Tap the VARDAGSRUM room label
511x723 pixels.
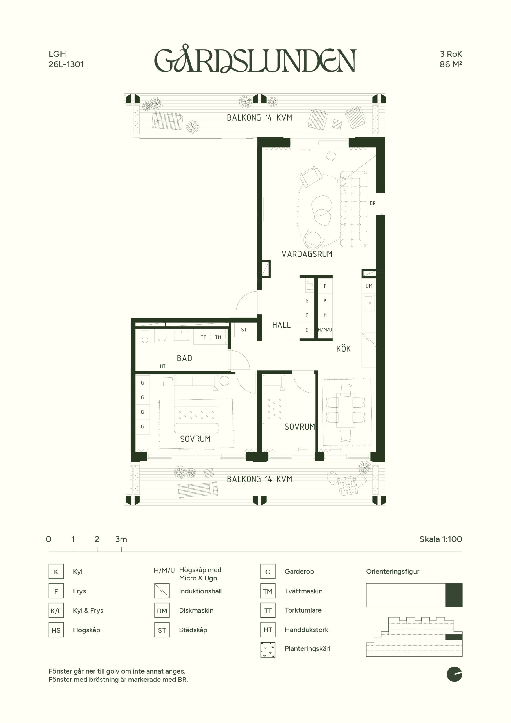coord(307,254)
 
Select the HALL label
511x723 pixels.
coord(281,325)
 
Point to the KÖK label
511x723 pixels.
coord(343,349)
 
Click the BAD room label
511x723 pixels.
coord(185,358)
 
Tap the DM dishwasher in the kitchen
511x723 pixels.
coord(369,286)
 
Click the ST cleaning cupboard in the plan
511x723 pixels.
coord(244,330)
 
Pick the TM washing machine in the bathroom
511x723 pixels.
coord(218,337)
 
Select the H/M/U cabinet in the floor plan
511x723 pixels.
coord(325,330)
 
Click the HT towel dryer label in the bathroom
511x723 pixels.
coord(162,366)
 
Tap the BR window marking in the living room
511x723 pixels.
coord(372,203)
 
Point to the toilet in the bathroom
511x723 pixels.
coord(161,336)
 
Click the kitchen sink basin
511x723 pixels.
coord(369,303)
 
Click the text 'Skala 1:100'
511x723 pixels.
coord(441,539)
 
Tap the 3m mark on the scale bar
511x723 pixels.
coord(121,549)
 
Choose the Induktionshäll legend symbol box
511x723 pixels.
coord(162,591)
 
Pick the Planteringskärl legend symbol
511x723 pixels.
coord(268,650)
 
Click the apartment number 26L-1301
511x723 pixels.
coord(66,64)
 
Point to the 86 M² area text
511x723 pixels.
coord(451,64)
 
